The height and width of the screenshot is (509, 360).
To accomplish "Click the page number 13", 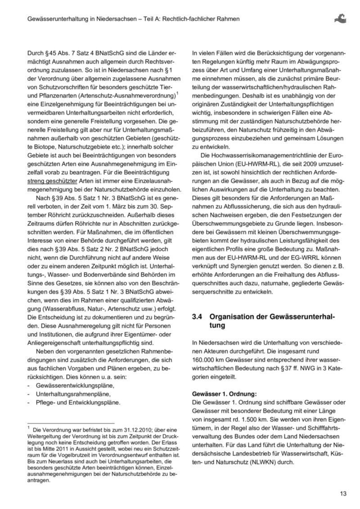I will [x=343, y=494].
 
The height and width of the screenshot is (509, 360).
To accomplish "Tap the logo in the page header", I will [x=341, y=18].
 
